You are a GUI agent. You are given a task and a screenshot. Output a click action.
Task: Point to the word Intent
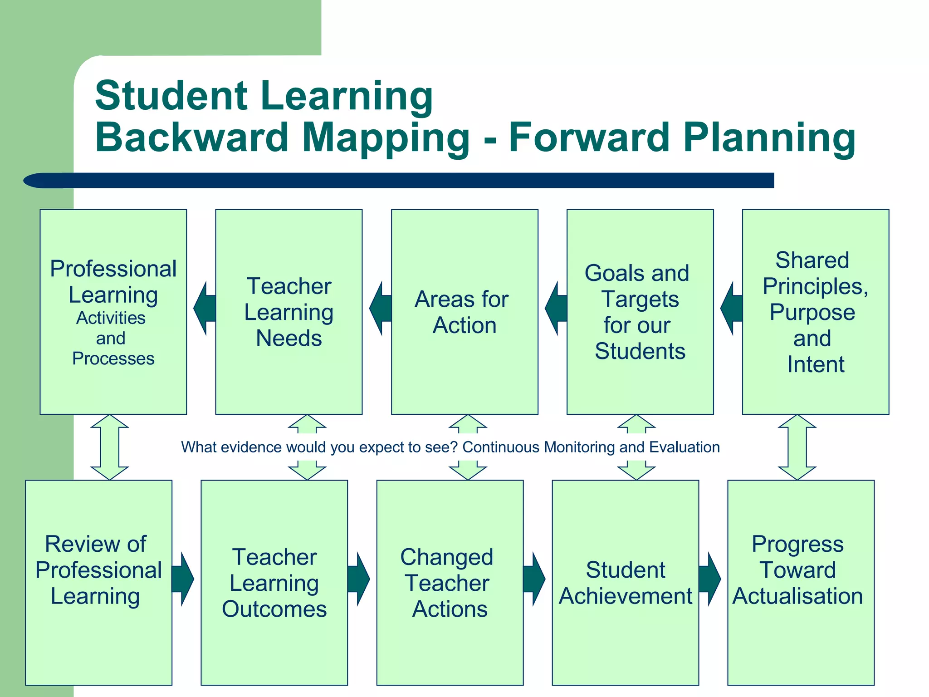click(815, 364)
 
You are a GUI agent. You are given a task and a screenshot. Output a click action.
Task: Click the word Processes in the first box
click(113, 358)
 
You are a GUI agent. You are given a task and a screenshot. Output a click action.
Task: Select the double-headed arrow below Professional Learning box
click(109, 447)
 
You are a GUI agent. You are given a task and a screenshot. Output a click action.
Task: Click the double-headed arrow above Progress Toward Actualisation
click(797, 447)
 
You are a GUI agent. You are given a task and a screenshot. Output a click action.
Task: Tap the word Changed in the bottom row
click(446, 557)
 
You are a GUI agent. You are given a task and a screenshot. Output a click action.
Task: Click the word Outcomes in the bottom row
click(274, 609)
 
